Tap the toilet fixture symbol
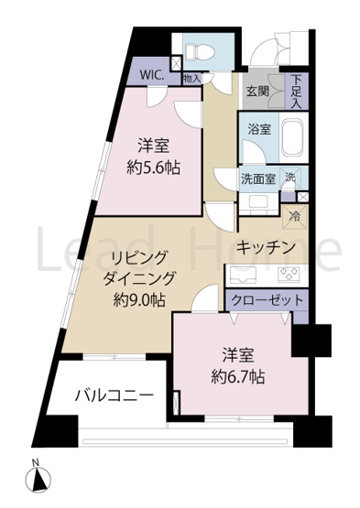click(x=197, y=49)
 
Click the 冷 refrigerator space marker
click(x=296, y=217)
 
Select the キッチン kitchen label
click(x=264, y=246)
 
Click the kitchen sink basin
click(x=244, y=273)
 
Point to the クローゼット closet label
click(x=266, y=300)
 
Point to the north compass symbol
click(x=38, y=477)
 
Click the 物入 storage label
click(x=192, y=80)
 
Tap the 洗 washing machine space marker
click(x=290, y=178)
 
